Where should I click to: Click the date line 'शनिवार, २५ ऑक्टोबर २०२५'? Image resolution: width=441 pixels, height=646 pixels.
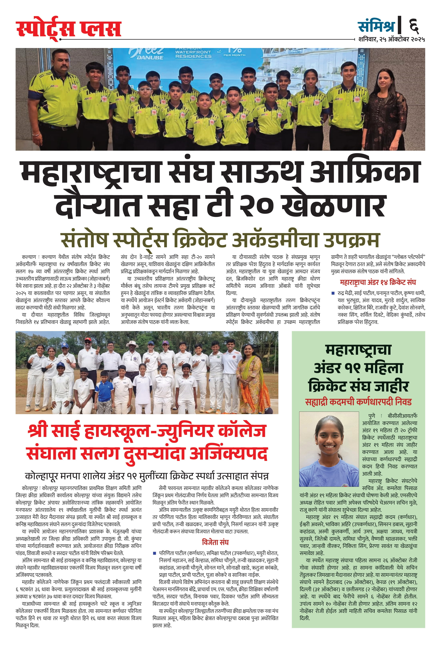[x=391, y=39]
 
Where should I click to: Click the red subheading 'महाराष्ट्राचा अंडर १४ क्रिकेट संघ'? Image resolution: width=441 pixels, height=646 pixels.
[x=378, y=282]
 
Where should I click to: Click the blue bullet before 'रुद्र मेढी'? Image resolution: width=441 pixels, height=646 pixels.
[x=333, y=293]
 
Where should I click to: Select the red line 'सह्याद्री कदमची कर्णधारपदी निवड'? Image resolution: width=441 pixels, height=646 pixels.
[x=358, y=402]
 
